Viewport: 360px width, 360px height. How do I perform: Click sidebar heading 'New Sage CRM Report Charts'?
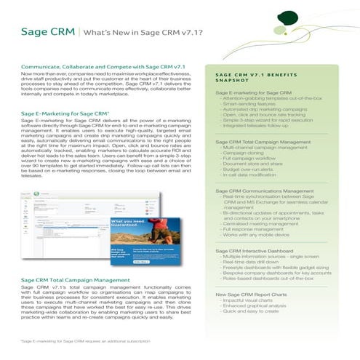click(257, 293)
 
